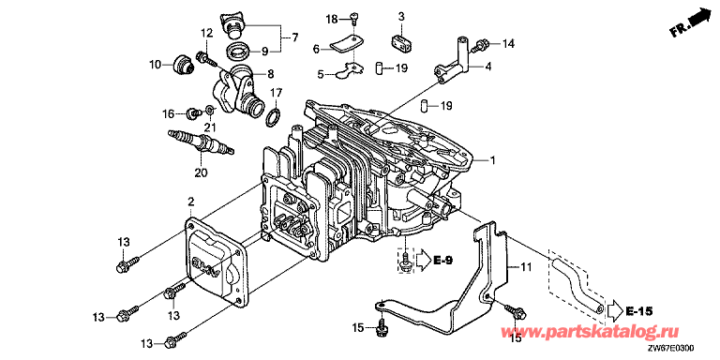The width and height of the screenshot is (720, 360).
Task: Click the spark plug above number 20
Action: coord(202,142)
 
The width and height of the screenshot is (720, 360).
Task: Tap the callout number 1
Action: coord(493,160)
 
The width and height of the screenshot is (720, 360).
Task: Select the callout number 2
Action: coord(191,202)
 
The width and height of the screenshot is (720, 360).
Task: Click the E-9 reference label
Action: coord(443,261)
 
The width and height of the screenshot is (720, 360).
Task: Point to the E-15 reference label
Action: coord(638,312)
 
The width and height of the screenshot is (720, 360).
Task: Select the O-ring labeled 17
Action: coord(273,116)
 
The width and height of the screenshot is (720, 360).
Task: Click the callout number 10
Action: coord(156,65)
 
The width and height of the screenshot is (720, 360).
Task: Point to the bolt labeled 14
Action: coord(483,45)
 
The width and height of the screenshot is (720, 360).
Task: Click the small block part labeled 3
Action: coord(402,41)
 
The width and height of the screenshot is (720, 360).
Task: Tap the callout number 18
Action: coord(332,19)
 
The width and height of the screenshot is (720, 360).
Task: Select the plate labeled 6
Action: coord(345,45)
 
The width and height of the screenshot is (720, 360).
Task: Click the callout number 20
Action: coord(201,173)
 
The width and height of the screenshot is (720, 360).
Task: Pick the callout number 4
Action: coord(487,67)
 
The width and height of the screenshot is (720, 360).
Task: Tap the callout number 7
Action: coord(294,37)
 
